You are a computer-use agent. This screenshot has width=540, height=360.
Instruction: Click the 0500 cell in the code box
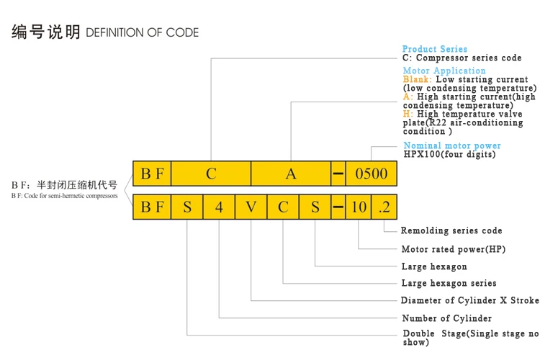pyautogui.click(x=371, y=174)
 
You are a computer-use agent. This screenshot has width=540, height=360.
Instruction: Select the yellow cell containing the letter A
pyautogui.click(x=291, y=174)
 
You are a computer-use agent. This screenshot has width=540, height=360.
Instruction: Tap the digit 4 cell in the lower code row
pyautogui.click(x=219, y=207)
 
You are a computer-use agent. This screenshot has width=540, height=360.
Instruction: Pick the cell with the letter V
pyautogui.click(x=251, y=207)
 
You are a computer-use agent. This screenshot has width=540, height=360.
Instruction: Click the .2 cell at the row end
pyautogui.click(x=384, y=207)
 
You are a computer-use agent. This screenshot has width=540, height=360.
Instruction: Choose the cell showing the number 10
pyautogui.click(x=359, y=207)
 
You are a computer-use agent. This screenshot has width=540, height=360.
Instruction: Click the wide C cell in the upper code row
pyautogui.click(x=211, y=174)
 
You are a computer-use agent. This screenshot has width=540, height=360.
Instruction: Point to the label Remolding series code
pyautogui.click(x=451, y=231)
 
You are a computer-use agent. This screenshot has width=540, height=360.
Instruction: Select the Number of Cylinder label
pyautogui.click(x=446, y=318)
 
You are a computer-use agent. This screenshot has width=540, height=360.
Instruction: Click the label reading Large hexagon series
pyautogui.click(x=449, y=283)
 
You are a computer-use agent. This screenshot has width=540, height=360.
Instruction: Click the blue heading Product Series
pyautogui.click(x=434, y=49)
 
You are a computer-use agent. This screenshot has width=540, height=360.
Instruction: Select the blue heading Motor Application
pyautogui.click(x=444, y=71)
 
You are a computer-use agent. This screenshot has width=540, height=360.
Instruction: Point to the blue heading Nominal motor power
pyautogui.click(x=451, y=145)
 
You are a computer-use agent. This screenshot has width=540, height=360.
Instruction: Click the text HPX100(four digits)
pyautogui.click(x=449, y=154)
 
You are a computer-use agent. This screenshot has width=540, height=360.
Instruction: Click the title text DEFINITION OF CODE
pyautogui.click(x=142, y=33)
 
